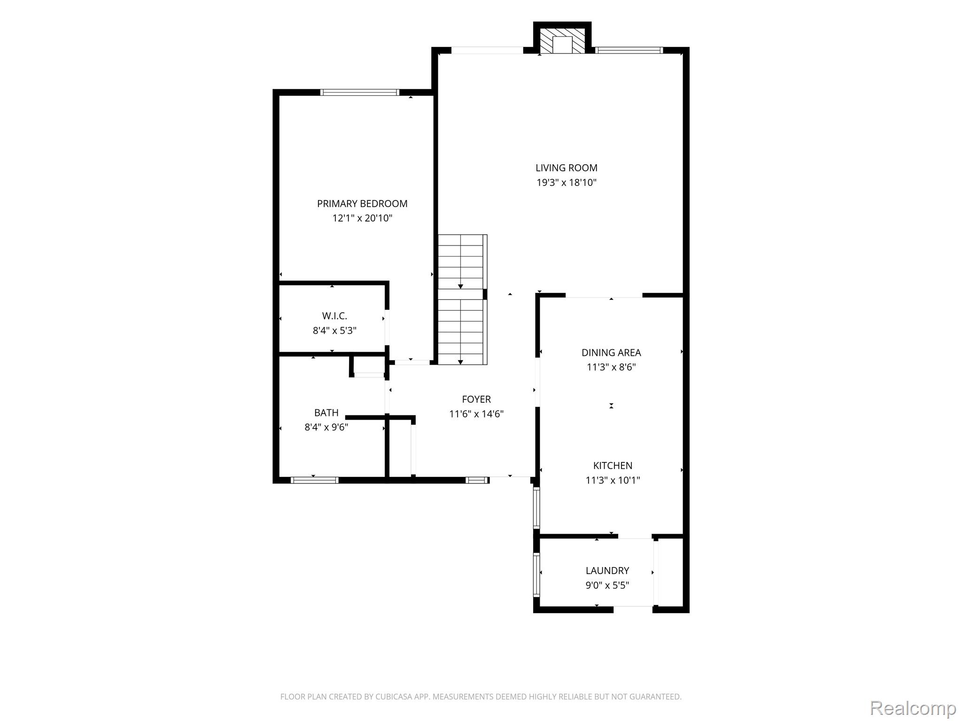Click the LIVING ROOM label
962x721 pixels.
pyautogui.click(x=566, y=168)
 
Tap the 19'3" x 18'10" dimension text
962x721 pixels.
pyautogui.click(x=566, y=183)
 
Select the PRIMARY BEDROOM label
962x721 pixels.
pyautogui.click(x=362, y=204)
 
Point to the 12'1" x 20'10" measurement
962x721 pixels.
pyautogui.click(x=362, y=218)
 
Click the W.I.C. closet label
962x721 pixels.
pyautogui.click(x=334, y=316)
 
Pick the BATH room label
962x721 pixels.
pyautogui.click(x=326, y=413)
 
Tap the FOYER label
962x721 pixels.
pyautogui.click(x=476, y=399)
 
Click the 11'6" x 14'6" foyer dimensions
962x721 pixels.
pyautogui.click(x=476, y=414)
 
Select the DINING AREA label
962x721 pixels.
pyautogui.click(x=611, y=353)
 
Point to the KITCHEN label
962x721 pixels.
pyautogui.click(x=613, y=466)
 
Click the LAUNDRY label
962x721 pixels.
pyautogui.click(x=607, y=571)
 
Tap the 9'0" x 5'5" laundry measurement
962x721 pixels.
pyautogui.click(x=607, y=585)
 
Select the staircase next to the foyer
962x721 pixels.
pyautogui.click(x=463, y=299)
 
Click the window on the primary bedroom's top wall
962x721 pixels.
pyautogui.click(x=360, y=92)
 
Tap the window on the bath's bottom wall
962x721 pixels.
pyautogui.click(x=314, y=480)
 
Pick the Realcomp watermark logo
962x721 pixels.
pyautogui.click(x=913, y=708)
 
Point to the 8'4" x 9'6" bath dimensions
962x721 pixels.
pyautogui.click(x=326, y=427)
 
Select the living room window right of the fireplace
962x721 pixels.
pyautogui.click(x=629, y=50)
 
